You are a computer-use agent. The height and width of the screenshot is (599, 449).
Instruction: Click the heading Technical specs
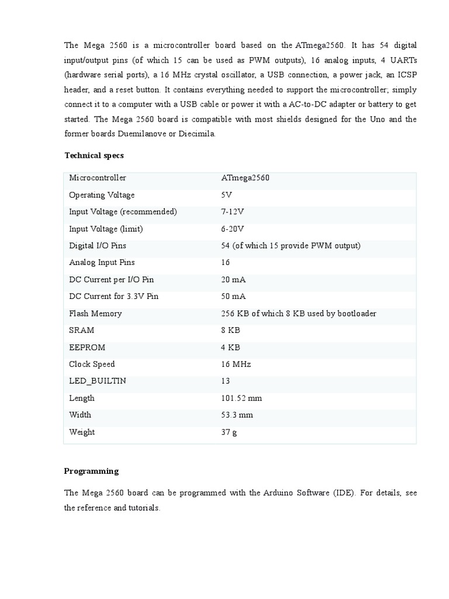94,156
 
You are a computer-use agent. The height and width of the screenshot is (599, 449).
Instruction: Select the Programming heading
91,471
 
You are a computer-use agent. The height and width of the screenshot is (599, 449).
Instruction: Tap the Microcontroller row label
97,178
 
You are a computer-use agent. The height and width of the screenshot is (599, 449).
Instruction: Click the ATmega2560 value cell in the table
245,178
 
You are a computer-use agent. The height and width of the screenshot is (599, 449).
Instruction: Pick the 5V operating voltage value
226,195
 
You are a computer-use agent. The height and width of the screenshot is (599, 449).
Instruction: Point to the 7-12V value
232,212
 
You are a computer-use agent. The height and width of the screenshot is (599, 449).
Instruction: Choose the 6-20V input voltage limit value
232,229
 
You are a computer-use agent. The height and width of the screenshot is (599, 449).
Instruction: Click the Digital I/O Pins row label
97,246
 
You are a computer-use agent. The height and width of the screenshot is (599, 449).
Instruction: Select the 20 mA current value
234,280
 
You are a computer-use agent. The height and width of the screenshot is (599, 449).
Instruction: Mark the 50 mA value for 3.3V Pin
234,297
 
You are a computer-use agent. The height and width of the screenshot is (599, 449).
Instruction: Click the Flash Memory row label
95,314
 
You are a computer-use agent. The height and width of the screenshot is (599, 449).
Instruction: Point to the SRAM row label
81,331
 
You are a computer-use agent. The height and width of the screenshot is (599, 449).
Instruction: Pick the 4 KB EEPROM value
230,347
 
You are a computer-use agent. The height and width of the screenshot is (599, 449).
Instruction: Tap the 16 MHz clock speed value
236,364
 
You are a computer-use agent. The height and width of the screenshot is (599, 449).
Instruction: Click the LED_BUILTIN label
97,381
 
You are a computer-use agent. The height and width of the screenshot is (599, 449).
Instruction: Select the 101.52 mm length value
241,398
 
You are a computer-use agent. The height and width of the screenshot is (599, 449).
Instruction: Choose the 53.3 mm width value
237,415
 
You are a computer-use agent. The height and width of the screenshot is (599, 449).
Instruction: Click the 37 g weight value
229,432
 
